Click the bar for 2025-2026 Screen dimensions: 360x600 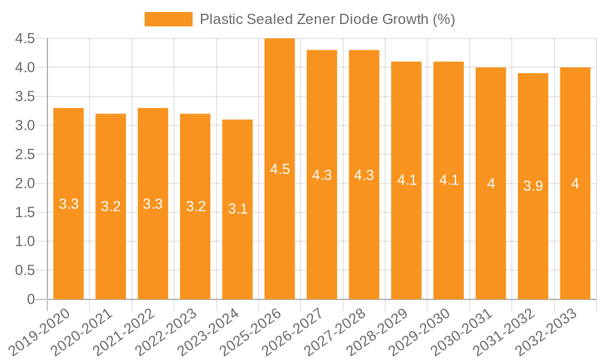point(280,169)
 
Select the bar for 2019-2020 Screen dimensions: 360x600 point(68,203)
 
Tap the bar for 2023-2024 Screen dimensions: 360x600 point(238,209)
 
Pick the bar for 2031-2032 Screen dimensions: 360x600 point(533,186)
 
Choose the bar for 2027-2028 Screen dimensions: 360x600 point(364,175)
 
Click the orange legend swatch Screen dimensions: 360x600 point(169,19)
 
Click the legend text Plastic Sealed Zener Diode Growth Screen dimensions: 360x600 point(327,19)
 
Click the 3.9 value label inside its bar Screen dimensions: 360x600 point(533,186)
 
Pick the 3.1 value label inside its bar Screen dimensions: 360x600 point(238,209)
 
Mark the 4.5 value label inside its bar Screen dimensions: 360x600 point(280,169)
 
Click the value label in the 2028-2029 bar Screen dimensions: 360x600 point(407,180)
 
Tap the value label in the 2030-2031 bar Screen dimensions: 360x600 point(491,184)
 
